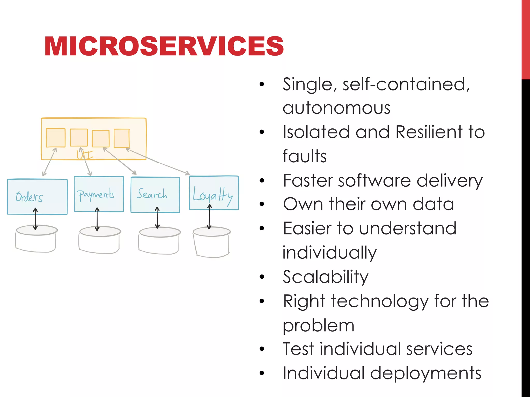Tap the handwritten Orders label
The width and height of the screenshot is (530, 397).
[29, 197]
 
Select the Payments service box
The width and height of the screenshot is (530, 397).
[99, 194]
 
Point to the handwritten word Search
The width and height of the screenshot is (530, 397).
[152, 194]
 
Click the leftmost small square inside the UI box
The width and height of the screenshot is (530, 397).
[56, 138]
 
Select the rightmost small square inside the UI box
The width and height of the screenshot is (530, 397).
[122, 138]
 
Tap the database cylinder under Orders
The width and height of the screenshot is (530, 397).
[36, 239]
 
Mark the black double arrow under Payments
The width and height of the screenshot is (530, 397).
[97, 219]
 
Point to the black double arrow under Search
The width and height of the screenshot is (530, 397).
[157, 218]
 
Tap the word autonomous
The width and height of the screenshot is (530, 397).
[336, 108]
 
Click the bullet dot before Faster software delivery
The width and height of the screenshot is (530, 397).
[262, 180]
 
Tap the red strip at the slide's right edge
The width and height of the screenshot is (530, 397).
[526, 39]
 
